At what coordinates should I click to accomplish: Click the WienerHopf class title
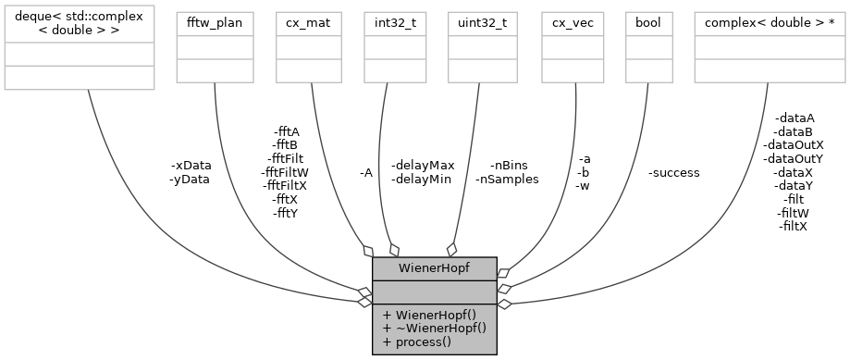(434, 268)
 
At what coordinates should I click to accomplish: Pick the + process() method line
(416, 341)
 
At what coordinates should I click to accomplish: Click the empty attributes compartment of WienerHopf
(434, 290)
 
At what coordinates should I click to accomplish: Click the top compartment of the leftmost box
(79, 24)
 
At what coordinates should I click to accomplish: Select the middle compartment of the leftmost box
(79, 54)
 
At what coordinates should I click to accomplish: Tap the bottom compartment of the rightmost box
(770, 70)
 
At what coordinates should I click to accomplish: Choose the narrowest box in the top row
(648, 46)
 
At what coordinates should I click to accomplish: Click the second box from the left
(215, 46)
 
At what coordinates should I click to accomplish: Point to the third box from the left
(308, 46)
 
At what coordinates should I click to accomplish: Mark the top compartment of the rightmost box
(770, 24)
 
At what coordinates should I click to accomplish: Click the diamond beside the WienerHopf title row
(503, 273)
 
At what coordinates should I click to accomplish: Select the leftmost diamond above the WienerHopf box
(367, 251)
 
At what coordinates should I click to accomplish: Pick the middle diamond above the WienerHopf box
(394, 250)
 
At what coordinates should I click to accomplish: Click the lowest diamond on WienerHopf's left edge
(365, 302)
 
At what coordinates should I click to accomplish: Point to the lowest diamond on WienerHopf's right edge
(503, 302)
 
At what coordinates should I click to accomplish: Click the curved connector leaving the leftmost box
(139, 204)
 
